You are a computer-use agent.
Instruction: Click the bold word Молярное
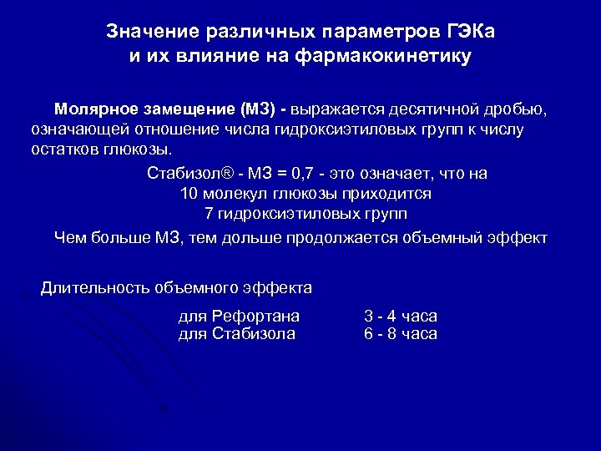click(93, 109)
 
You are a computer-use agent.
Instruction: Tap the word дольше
click(250, 237)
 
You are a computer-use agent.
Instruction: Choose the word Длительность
click(93, 289)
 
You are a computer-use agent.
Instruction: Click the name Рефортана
click(257, 316)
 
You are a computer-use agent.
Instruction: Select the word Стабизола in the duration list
click(255, 334)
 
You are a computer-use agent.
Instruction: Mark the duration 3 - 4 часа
click(401, 316)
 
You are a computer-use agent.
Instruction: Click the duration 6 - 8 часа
click(401, 334)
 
